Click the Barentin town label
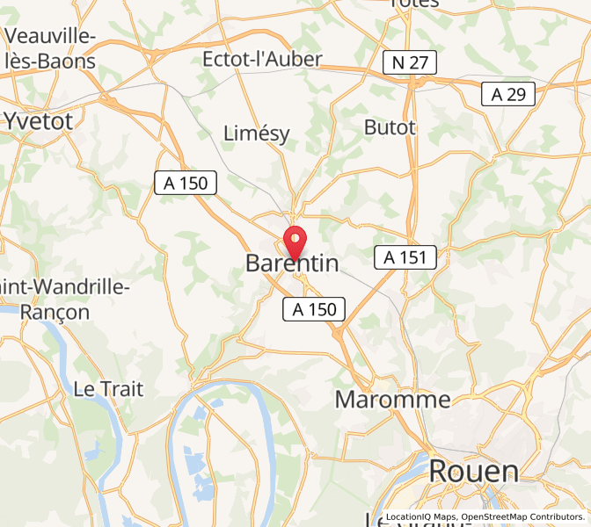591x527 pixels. click(x=291, y=263)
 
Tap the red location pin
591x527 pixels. click(x=295, y=240)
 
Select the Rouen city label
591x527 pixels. click(x=474, y=472)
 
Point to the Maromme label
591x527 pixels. click(x=392, y=400)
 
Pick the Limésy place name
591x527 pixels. click(x=257, y=133)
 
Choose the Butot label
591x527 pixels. click(x=390, y=127)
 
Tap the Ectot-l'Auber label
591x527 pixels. click(x=262, y=59)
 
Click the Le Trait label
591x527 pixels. click(x=108, y=389)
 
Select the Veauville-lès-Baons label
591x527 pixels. click(x=51, y=48)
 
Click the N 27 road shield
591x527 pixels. click(x=410, y=62)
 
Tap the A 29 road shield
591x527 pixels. click(x=508, y=94)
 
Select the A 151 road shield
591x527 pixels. click(x=405, y=256)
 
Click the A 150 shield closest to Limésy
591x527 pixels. click(x=186, y=183)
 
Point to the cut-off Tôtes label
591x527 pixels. click(x=413, y=4)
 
